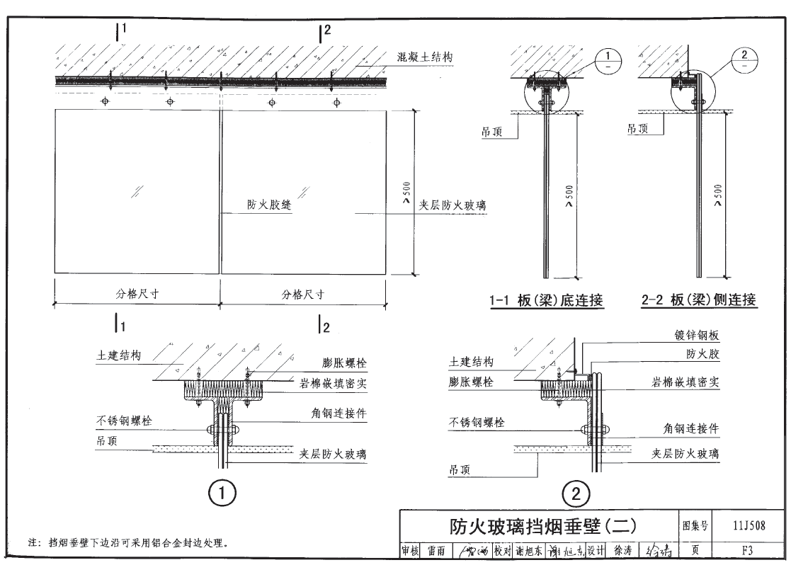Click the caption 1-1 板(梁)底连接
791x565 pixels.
[547, 301]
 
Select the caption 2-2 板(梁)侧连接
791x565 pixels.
[699, 301]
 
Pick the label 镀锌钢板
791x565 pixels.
[697, 336]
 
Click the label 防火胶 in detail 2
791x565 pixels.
[702, 353]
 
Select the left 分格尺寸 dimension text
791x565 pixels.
[137, 295]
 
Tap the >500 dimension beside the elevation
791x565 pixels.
[406, 193]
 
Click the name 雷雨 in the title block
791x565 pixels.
[436, 550]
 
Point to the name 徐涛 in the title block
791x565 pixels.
[624, 550]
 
